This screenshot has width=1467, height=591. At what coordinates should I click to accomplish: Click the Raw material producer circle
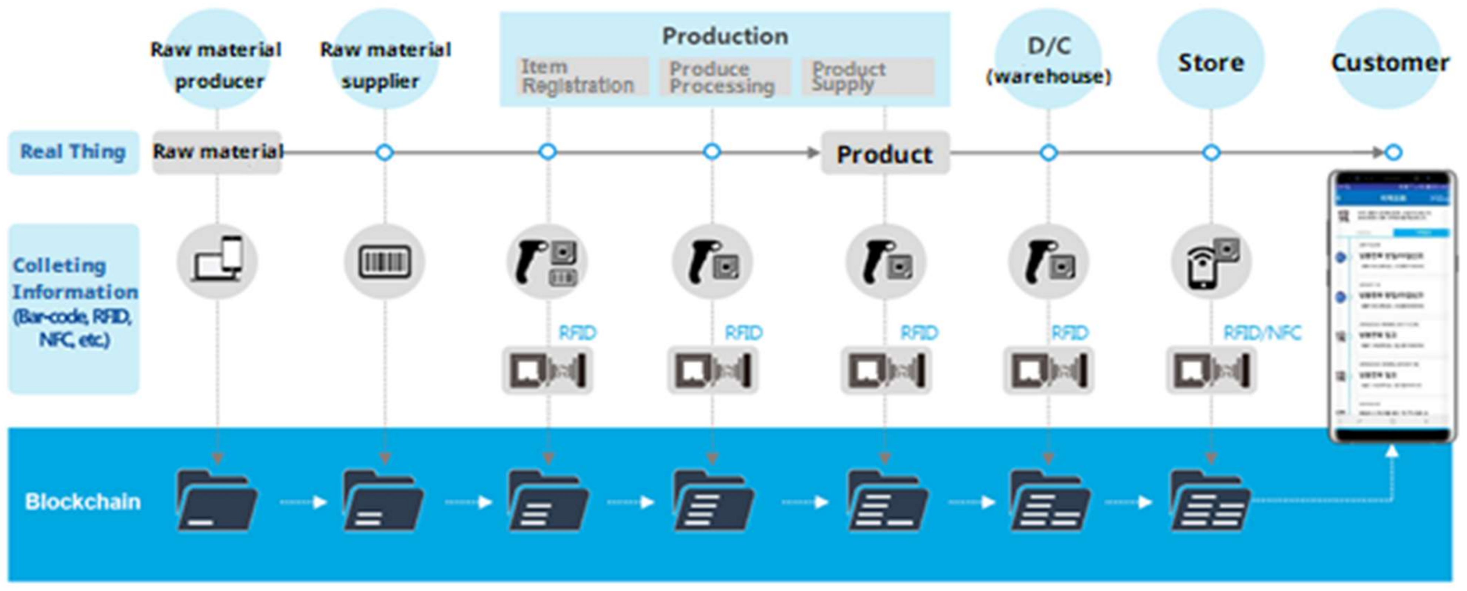[216, 60]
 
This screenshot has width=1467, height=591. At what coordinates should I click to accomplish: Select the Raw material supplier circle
[385, 60]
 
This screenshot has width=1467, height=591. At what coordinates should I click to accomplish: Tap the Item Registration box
[581, 77]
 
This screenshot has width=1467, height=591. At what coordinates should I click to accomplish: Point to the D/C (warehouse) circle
[1048, 60]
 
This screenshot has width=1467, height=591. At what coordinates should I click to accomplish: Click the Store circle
[1211, 60]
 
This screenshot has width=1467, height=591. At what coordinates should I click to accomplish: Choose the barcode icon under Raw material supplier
[385, 262]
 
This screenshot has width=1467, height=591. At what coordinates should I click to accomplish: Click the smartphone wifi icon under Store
[1211, 262]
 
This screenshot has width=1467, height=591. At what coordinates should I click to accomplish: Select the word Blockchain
[83, 501]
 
